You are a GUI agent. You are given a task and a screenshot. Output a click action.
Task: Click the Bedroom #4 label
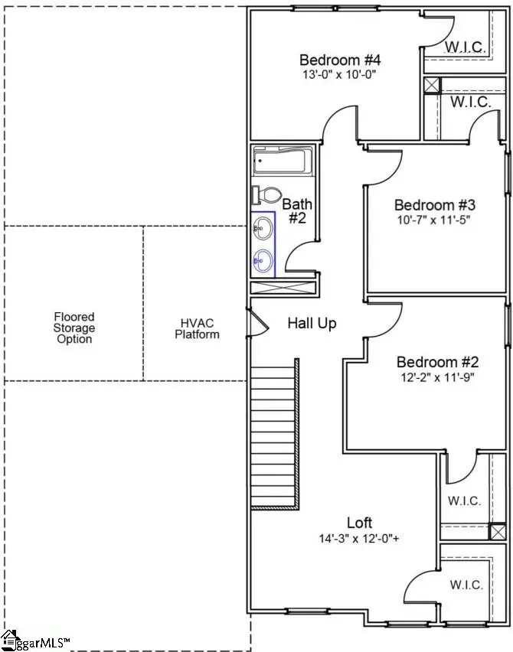point(340,60)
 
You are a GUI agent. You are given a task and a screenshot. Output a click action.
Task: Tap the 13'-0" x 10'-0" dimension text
point(339,74)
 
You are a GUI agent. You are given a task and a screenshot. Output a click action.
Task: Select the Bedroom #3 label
point(435,205)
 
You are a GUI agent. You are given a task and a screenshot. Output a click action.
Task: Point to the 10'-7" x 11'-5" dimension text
point(433,220)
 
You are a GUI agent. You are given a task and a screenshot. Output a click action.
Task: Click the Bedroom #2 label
point(438,362)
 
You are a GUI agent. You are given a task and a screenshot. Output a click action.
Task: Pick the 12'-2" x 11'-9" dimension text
point(438,377)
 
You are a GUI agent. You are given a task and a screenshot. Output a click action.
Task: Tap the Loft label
point(359,523)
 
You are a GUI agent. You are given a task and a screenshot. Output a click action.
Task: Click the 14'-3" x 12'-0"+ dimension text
point(358,539)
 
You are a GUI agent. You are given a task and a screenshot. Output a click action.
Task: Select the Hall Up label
point(312,323)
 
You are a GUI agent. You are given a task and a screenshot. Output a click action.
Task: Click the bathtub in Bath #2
point(283,161)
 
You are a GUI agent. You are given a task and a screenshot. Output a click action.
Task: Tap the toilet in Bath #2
point(267,195)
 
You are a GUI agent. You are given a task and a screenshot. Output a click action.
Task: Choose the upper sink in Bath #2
point(263,228)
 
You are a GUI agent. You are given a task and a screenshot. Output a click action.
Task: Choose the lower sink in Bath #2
point(263,261)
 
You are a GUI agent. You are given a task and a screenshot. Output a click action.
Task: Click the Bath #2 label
point(297,210)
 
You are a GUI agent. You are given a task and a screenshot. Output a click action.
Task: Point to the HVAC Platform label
point(197,328)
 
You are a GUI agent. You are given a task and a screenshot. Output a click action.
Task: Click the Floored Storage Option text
point(74,328)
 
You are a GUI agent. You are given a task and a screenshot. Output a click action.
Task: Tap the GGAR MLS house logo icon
point(10,641)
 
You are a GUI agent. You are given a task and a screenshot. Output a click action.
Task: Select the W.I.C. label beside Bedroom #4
point(466,47)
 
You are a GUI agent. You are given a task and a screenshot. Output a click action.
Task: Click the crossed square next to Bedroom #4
point(431,86)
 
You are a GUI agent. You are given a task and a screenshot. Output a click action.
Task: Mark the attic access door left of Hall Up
point(257,322)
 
